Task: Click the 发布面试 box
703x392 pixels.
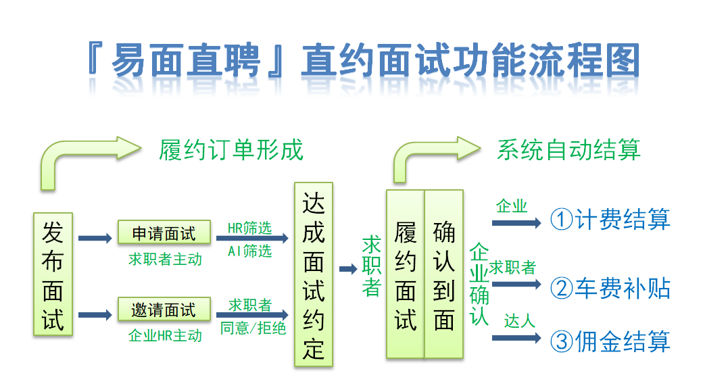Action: coord(53,274)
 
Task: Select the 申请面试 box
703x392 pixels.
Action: coord(164,232)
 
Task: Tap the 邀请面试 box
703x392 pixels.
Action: coord(164,309)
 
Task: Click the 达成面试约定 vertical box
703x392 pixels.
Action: coord(314,274)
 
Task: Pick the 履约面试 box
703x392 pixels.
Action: coord(406,274)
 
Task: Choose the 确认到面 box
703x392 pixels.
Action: coord(444,274)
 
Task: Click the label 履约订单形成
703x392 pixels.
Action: coord(231,150)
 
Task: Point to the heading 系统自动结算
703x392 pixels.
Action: coord(568,150)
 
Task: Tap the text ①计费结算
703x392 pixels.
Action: coord(610,220)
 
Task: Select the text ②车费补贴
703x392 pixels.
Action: coord(610,289)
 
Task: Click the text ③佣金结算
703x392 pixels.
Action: coord(610,341)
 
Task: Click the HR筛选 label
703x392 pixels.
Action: coord(249,228)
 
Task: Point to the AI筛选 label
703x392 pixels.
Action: coord(249,251)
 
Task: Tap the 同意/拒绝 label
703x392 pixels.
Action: coord(253,328)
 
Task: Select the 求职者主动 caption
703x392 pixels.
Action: coord(165,259)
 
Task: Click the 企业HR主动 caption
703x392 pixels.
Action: coord(165,335)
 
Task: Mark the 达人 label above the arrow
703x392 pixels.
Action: coord(519,320)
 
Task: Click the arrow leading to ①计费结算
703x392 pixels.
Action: coord(516,223)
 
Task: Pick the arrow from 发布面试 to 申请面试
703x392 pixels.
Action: coord(95,238)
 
